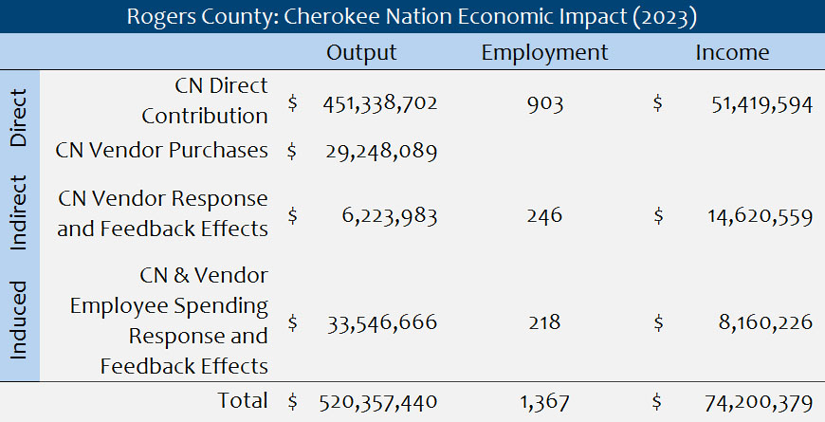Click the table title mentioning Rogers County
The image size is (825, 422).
412,16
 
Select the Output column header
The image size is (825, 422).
361,53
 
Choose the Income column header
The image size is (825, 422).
732,53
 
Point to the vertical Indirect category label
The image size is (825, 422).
20,212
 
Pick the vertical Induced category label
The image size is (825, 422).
20,321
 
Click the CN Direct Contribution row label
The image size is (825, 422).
205,101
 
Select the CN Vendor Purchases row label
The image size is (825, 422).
161,150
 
